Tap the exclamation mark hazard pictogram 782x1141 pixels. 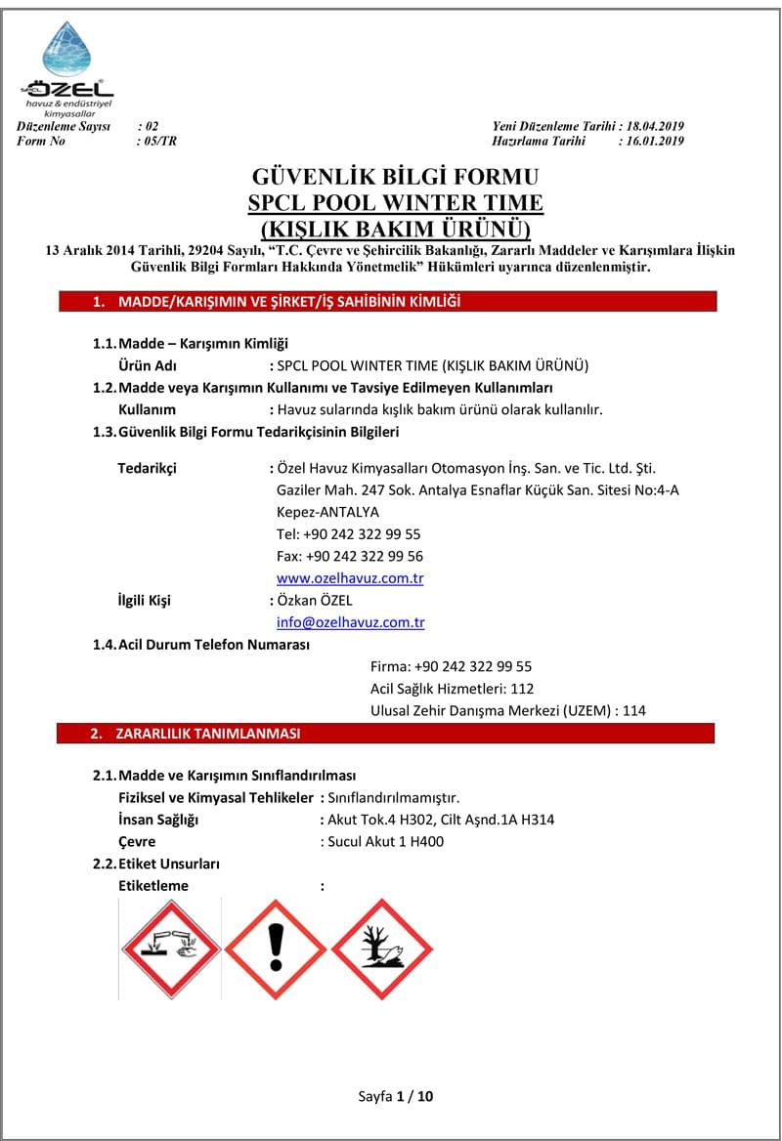[276, 948]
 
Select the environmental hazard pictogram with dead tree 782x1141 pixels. [381, 948]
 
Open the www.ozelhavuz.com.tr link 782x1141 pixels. [350, 578]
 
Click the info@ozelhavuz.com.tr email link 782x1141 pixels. [350, 622]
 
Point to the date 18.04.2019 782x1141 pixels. [655, 127]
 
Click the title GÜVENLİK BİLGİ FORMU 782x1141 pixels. [396, 178]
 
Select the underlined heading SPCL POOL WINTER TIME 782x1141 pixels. [396, 203]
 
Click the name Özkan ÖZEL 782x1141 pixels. [315, 601]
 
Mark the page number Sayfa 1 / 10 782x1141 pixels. [396, 1096]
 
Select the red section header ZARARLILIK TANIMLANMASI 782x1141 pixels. [207, 734]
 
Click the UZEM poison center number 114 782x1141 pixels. [634, 710]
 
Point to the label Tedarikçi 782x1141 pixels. [147, 468]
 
